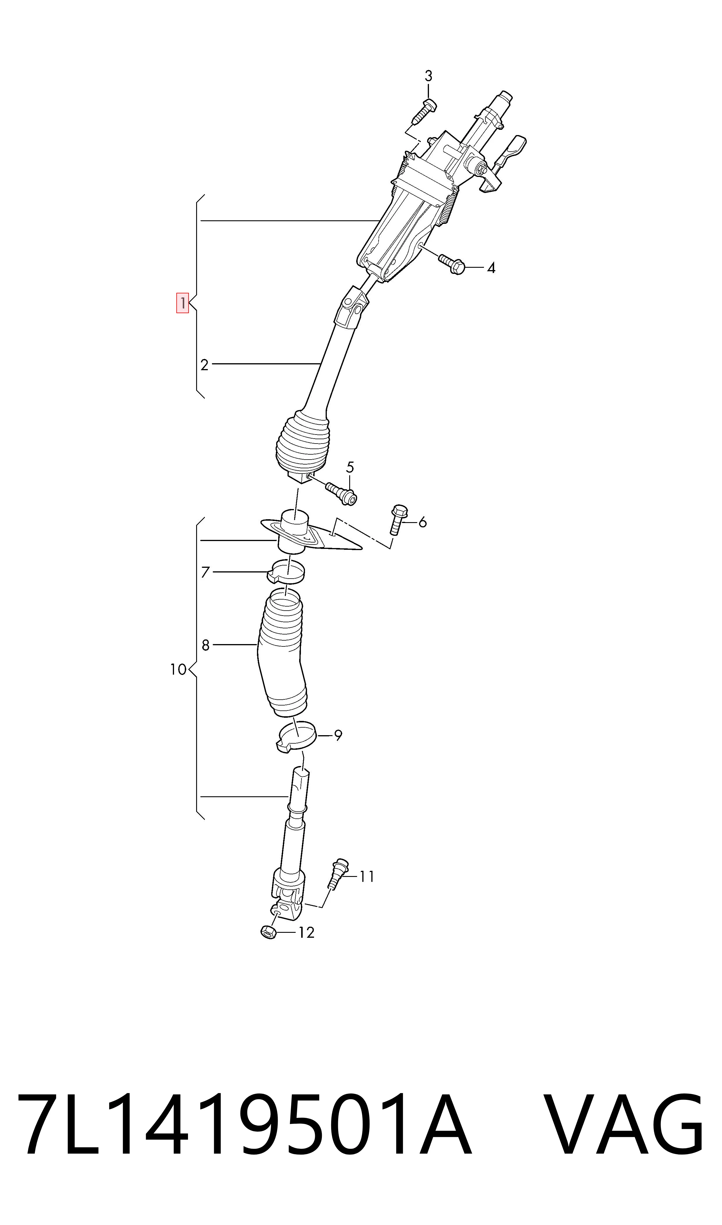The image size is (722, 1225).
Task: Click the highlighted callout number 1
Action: [x=182, y=303]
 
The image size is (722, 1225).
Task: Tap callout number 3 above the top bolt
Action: [x=428, y=76]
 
